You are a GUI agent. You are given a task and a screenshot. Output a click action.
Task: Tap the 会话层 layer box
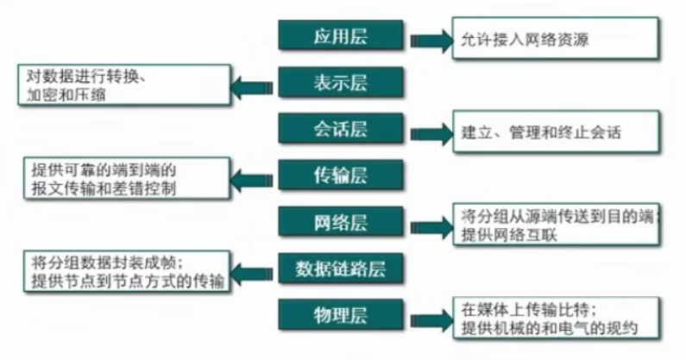click(x=341, y=129)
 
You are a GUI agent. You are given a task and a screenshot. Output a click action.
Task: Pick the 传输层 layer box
click(x=341, y=176)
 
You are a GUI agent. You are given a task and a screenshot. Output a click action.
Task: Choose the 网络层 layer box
click(x=341, y=222)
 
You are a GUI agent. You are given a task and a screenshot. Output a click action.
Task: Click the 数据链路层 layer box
click(x=341, y=268)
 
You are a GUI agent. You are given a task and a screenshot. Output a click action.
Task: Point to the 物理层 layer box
click(x=341, y=315)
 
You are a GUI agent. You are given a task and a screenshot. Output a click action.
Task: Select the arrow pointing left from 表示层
click(x=252, y=85)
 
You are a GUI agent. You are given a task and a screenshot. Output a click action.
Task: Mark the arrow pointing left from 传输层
click(x=252, y=180)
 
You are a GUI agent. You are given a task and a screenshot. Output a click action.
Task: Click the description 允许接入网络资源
click(x=526, y=40)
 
